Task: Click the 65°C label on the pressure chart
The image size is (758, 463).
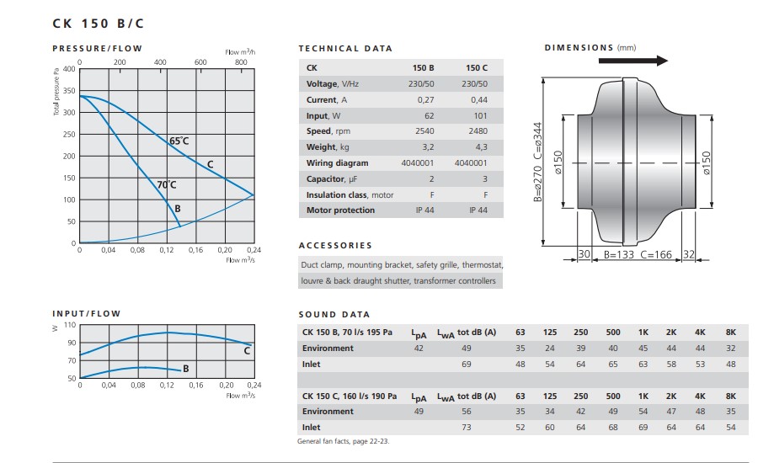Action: pyautogui.click(x=179, y=141)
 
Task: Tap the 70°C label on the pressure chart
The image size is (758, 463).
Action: pyautogui.click(x=166, y=184)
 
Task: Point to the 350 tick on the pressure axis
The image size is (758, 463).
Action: pyautogui.click(x=69, y=91)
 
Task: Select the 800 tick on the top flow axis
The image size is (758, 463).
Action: pyautogui.click(x=241, y=62)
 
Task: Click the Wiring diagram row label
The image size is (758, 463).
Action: pyautogui.click(x=337, y=163)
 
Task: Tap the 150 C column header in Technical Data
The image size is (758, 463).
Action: pyautogui.click(x=476, y=67)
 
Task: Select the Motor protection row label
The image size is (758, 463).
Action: pyautogui.click(x=340, y=210)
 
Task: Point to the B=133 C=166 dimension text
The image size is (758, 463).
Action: pyautogui.click(x=638, y=254)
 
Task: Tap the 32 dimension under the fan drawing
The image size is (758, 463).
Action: pyautogui.click(x=688, y=254)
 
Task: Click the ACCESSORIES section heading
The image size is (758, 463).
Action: pyautogui.click(x=335, y=246)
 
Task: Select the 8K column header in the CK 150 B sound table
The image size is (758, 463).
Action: pyautogui.click(x=730, y=333)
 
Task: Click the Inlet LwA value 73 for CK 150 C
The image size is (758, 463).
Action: pyautogui.click(x=466, y=428)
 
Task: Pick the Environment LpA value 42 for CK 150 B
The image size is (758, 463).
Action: pyautogui.click(x=419, y=349)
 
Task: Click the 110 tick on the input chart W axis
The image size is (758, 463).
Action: pyautogui.click(x=69, y=325)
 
